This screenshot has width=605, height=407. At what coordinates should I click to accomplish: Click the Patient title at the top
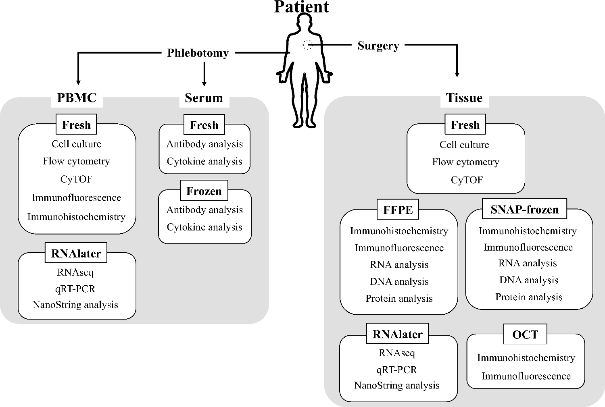[301, 7]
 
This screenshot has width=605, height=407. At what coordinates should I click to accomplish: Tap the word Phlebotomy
[198, 53]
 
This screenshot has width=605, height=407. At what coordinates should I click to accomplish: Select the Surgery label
[378, 46]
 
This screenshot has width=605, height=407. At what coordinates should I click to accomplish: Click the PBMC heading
[77, 98]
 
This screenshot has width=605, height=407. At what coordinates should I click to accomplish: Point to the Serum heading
[204, 98]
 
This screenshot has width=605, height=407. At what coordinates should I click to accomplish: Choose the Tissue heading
[464, 98]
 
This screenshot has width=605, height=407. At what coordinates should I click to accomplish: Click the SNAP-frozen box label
[524, 210]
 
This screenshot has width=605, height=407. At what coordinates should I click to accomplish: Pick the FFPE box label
[398, 210]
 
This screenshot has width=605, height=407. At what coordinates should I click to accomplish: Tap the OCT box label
[525, 334]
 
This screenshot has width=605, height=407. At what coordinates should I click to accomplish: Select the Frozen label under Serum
[204, 191]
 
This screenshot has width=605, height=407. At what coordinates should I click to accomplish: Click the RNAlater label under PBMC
[76, 253]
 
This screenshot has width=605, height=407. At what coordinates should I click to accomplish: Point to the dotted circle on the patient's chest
[308, 45]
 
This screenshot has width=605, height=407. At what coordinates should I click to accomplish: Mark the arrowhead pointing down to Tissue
[457, 74]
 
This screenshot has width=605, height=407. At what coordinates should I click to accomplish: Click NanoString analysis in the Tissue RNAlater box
[397, 385]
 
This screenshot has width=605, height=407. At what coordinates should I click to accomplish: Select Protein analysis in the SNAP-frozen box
[529, 297]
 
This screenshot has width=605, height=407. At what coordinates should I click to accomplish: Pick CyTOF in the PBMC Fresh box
[76, 179]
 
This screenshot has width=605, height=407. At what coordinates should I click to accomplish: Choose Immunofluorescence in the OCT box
[526, 376]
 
